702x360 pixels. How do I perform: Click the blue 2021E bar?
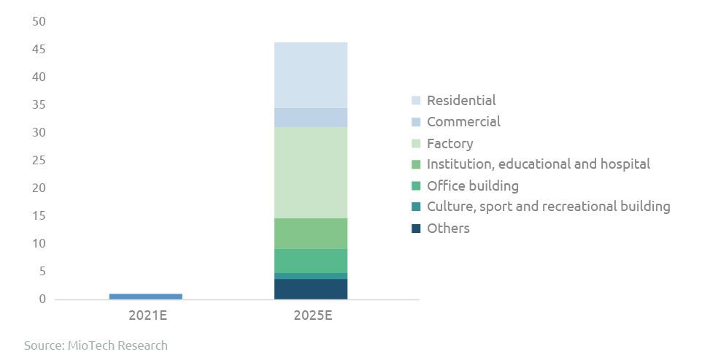[x=145, y=296]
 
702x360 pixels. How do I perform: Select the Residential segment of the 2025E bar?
[x=310, y=74]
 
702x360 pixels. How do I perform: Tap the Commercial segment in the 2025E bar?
[x=310, y=118]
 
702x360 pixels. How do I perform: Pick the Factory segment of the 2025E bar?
[x=310, y=172]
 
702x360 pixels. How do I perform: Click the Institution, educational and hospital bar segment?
[x=310, y=234]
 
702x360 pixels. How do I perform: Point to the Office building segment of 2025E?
[x=310, y=261]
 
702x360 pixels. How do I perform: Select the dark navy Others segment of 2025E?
[x=310, y=289]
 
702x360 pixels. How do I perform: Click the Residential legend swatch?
[x=416, y=101]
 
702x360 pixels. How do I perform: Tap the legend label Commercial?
[x=463, y=122]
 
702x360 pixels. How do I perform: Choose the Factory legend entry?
[x=450, y=144]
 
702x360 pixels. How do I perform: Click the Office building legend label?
[x=472, y=186]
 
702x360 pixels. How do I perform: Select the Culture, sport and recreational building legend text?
[x=548, y=207]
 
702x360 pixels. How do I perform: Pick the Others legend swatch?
[x=416, y=229]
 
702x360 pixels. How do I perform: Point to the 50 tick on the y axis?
[x=39, y=22]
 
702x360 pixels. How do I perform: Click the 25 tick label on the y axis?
[x=39, y=161]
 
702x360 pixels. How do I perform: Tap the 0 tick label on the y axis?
[x=42, y=299]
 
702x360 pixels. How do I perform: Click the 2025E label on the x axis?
[x=310, y=316]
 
